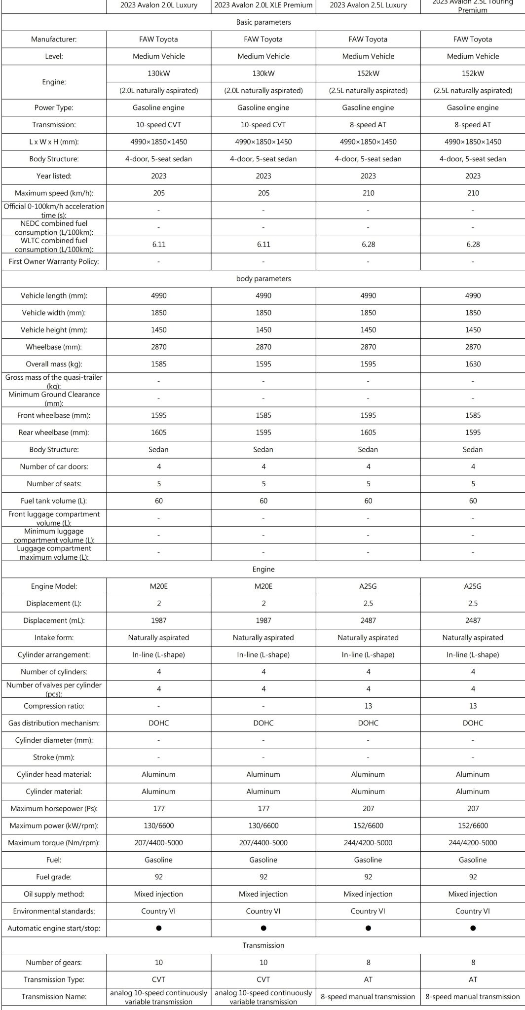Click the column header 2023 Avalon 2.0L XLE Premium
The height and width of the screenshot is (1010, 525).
[x=263, y=5]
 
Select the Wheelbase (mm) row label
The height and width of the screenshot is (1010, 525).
[x=54, y=347]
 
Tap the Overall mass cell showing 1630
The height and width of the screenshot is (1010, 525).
[x=473, y=364]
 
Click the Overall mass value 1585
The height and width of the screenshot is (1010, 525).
[x=159, y=364]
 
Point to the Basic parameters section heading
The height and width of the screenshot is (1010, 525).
[x=263, y=22]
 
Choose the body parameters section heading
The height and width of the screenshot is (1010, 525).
[x=263, y=279]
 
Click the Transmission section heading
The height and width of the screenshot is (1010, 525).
[x=263, y=945]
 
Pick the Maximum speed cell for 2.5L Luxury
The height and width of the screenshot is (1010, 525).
[x=368, y=193]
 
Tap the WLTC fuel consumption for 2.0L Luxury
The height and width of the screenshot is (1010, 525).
[x=159, y=244]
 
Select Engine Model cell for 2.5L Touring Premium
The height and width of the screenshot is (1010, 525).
[x=473, y=586]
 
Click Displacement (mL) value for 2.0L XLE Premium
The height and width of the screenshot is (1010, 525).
[x=263, y=620]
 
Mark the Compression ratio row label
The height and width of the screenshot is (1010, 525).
[x=54, y=706]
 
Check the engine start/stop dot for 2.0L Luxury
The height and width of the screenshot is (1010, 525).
[x=159, y=928]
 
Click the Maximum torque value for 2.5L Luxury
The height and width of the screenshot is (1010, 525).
[x=368, y=842]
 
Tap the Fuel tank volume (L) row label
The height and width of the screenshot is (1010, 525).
[x=54, y=501]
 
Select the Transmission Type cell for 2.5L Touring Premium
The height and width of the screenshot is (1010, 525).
[x=473, y=979]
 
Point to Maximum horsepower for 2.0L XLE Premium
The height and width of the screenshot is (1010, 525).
[x=263, y=808]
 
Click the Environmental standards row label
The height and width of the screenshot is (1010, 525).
[x=54, y=911]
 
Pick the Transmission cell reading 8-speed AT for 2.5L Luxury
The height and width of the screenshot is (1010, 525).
[x=368, y=125]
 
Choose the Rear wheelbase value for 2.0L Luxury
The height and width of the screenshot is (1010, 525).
[x=159, y=433]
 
